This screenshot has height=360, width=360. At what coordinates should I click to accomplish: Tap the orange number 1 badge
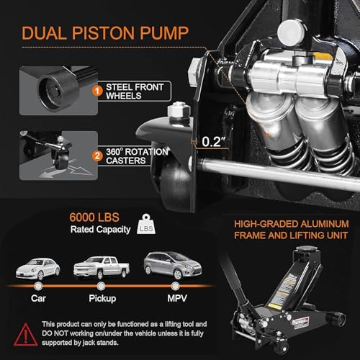pos(97,91)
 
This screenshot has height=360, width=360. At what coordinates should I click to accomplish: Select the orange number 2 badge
pos(97,156)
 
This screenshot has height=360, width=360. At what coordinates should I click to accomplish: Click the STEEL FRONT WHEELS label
pos(135,91)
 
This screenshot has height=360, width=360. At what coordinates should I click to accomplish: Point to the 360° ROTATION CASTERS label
pos(137,156)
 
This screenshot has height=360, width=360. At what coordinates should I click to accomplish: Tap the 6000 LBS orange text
pos(94,217)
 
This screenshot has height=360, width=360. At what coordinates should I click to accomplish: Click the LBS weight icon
pos(146,224)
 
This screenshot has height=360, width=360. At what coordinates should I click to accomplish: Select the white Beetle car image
pos(37,269)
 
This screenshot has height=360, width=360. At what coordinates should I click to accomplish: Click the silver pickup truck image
pos(102,268)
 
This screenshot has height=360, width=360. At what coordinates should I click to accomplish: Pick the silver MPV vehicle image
pos(173,265)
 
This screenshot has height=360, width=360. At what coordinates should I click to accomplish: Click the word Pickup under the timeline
pos(102,299)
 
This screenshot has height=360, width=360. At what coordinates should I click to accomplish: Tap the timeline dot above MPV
pos(176,286)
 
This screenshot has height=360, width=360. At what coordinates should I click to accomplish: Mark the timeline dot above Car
pos(38,286)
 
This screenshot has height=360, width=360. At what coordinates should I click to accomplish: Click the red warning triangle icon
pos(26,335)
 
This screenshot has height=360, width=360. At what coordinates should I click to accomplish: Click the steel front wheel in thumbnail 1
pos(58,90)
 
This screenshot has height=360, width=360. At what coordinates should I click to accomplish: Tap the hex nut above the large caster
pos(179,112)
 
